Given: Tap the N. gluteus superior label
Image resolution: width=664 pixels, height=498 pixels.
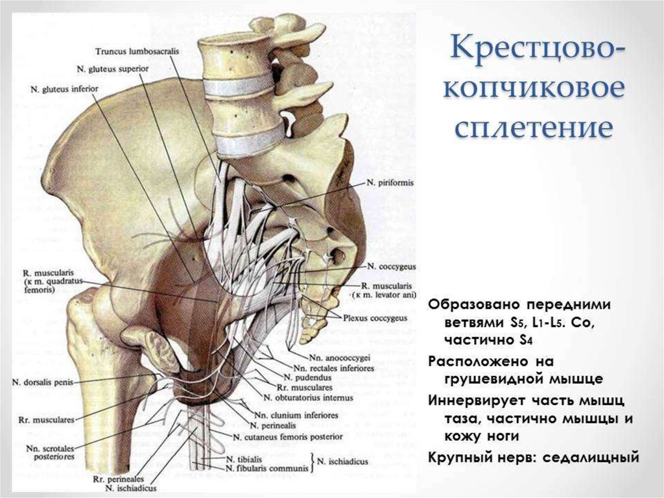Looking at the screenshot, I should click(113, 68).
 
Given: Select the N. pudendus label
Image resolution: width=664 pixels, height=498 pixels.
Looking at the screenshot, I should click(302, 377).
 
